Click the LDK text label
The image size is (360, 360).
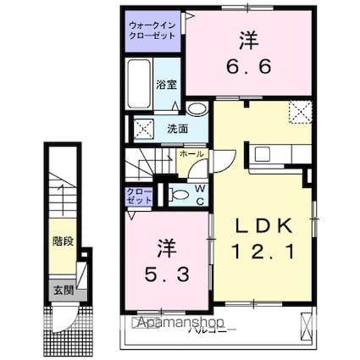pos(264,225)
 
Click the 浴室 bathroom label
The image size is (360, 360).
pos(166,85)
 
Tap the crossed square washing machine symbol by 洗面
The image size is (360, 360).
pos(142,130)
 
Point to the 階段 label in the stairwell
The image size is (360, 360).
pos(60,241)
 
